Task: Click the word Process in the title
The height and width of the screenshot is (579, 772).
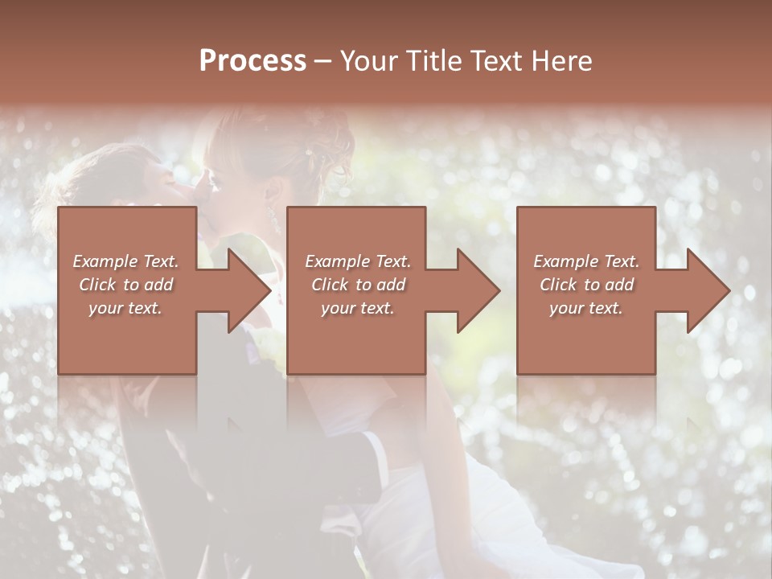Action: click(253, 61)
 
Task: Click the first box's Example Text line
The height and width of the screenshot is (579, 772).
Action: click(125, 261)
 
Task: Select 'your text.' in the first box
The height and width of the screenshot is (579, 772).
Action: click(125, 308)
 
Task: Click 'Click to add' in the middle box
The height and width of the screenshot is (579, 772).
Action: click(357, 285)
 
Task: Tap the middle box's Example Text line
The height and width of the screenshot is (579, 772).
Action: click(357, 261)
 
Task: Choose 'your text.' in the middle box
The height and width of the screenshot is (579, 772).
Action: click(357, 308)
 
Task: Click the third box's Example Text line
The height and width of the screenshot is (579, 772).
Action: click(586, 261)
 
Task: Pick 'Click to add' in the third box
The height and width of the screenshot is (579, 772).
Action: click(586, 285)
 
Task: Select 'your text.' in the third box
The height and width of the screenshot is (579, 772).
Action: click(586, 308)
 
